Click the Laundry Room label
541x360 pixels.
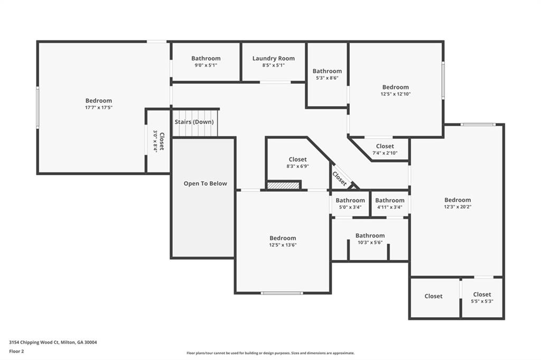(x=273, y=59)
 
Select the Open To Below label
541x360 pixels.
(x=206, y=184)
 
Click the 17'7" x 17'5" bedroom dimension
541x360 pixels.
(x=99, y=107)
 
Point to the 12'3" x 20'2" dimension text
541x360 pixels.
(x=458, y=207)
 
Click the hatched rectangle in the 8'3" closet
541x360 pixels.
(x=284, y=185)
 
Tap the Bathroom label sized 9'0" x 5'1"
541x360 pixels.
(x=206, y=59)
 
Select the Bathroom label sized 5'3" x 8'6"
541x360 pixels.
(x=327, y=71)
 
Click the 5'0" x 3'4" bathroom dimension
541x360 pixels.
(x=350, y=207)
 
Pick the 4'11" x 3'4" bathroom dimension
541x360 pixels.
(x=390, y=207)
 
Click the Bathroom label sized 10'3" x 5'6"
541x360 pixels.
(x=370, y=236)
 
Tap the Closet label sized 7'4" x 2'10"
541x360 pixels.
(x=385, y=146)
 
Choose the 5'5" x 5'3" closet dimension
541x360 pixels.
(x=482, y=301)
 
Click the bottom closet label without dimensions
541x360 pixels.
(x=433, y=297)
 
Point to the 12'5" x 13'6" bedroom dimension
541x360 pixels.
(x=283, y=245)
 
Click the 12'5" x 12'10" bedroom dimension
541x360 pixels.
(x=395, y=94)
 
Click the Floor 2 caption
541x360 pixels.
(x=16, y=350)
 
